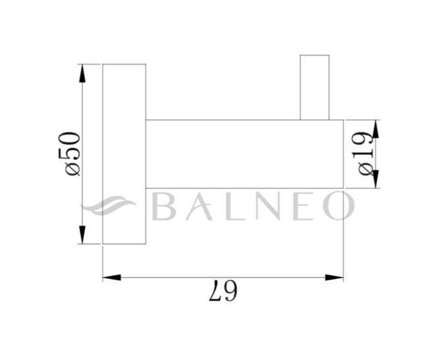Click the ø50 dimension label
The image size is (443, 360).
tap(72, 153)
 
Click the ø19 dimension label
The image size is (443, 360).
tap(367, 154)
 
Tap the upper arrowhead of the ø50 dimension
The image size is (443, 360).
tap(82, 73)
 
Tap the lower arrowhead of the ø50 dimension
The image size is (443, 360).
tap(82, 235)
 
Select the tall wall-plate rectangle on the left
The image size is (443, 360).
tap(124, 154)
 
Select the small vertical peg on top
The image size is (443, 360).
tap(314, 88)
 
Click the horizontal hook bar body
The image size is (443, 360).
tap(244, 154)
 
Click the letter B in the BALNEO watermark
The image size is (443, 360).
tap(165, 206)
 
